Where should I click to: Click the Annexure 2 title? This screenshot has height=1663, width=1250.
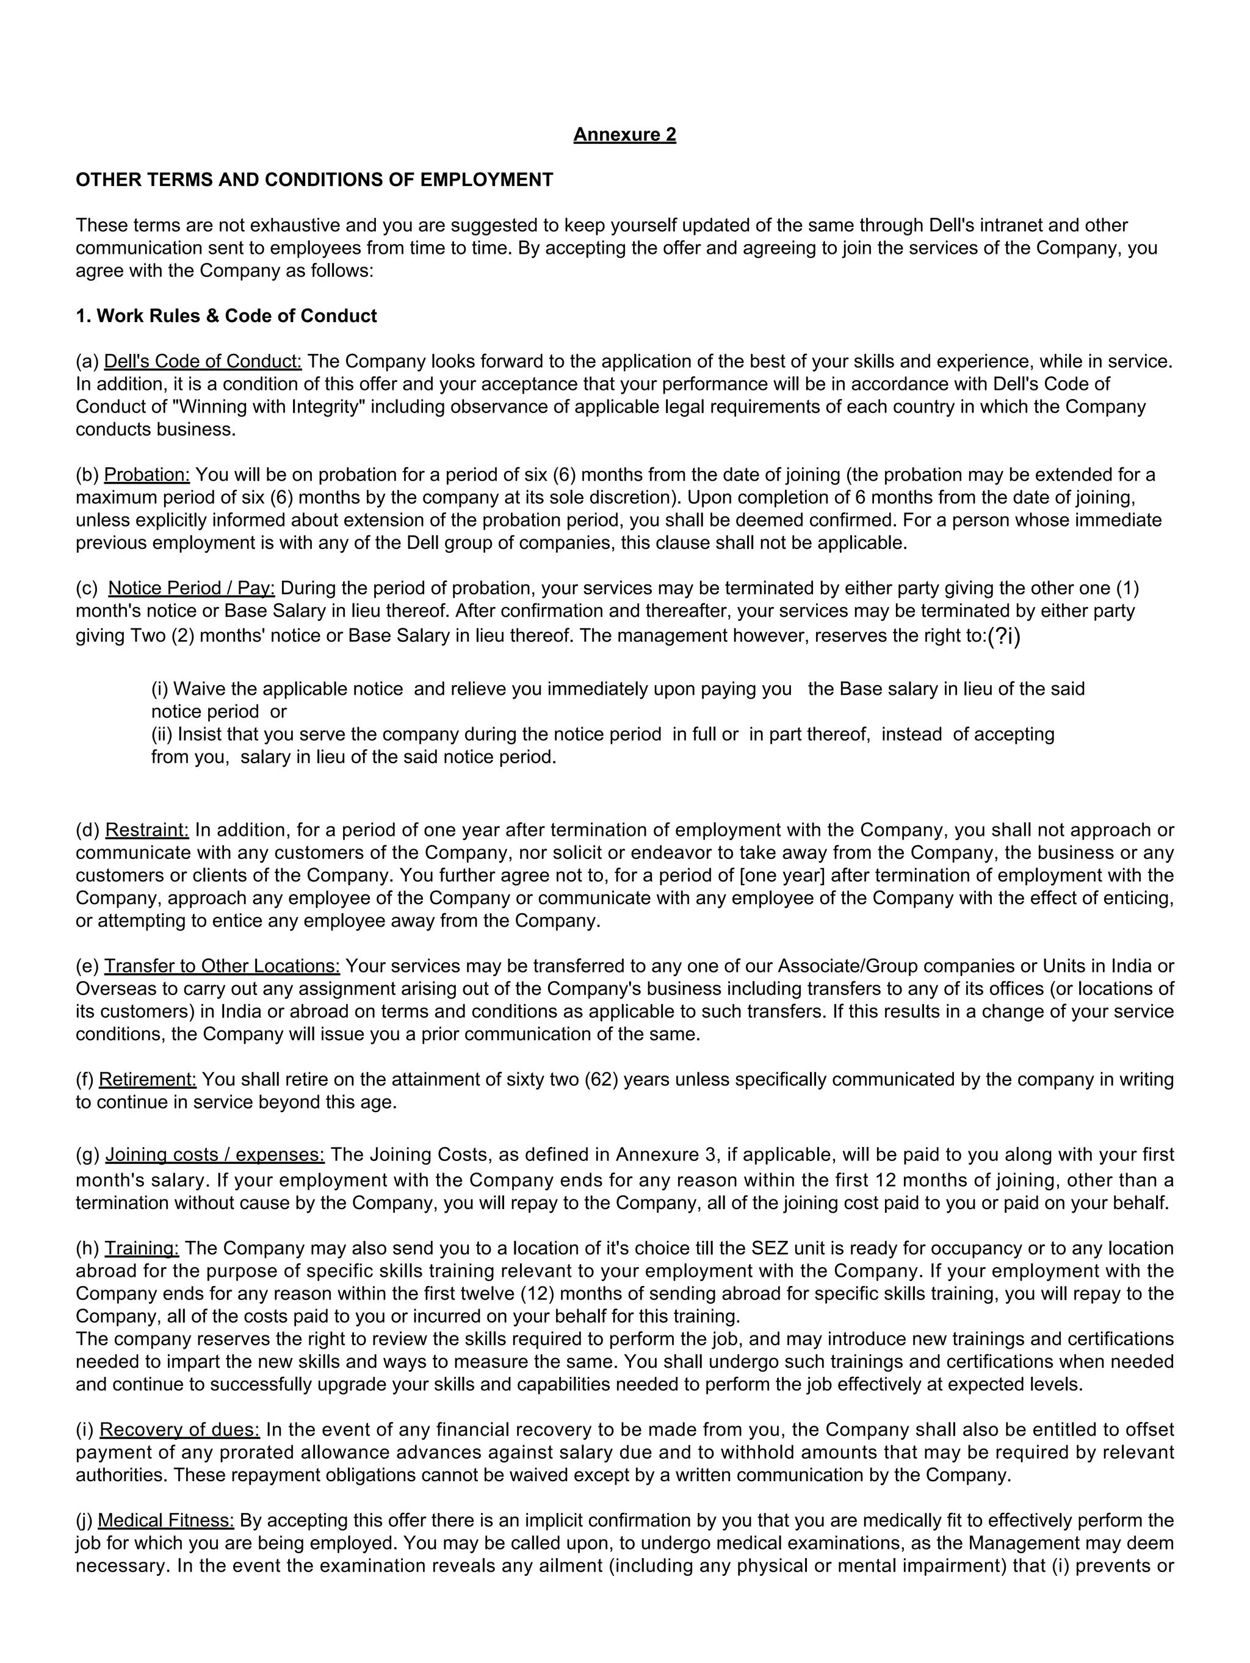(x=624, y=135)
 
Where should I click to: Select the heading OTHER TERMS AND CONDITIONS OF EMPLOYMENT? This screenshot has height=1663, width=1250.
(x=314, y=180)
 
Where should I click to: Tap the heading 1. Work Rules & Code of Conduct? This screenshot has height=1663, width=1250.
(x=226, y=316)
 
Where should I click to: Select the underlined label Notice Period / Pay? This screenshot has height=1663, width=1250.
(x=192, y=588)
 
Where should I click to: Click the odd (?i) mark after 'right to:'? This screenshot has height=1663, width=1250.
(x=1004, y=636)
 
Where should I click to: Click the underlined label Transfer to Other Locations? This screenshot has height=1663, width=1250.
(x=222, y=966)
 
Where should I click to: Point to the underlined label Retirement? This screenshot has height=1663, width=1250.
(x=148, y=1080)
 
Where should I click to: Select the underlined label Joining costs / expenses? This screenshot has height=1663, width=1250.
(x=214, y=1155)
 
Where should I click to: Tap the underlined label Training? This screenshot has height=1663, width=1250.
(x=142, y=1249)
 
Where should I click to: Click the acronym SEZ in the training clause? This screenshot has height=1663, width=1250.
(x=770, y=1249)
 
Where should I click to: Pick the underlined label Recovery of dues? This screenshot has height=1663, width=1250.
(x=180, y=1430)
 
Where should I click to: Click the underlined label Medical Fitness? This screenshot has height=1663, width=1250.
(x=165, y=1521)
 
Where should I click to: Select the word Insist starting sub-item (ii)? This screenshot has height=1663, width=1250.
(x=198, y=735)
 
